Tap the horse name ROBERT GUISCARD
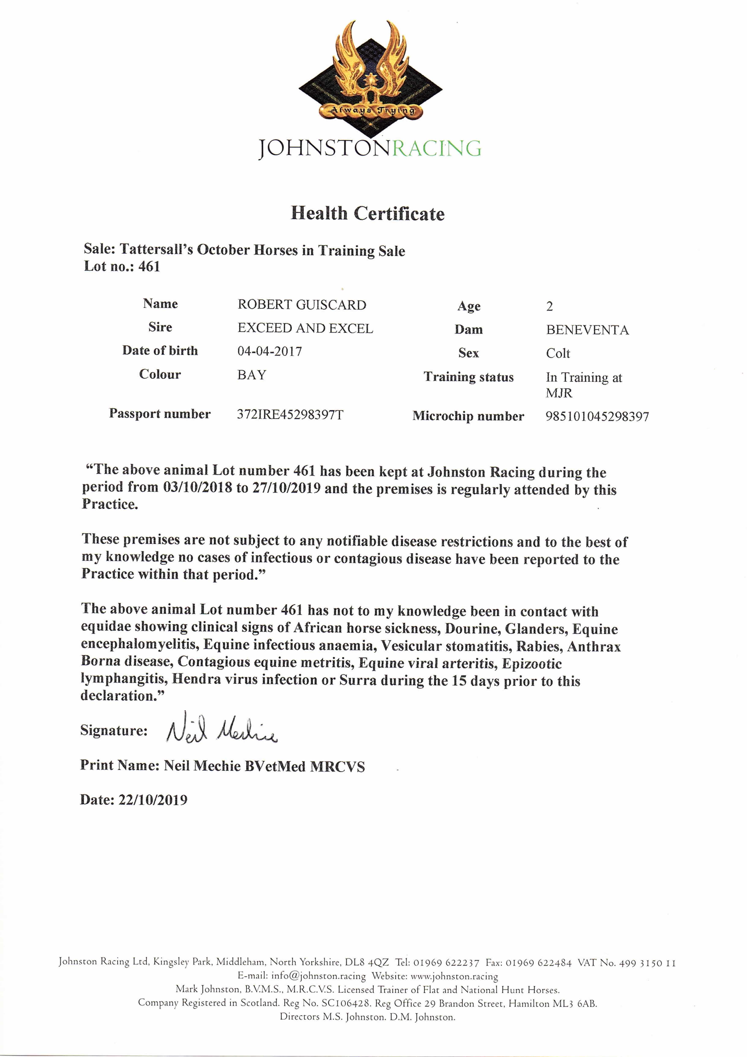point(302,305)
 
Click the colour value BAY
point(252,375)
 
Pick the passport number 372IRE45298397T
point(290,414)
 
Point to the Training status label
point(468,377)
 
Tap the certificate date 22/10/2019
point(153,800)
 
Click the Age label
point(468,306)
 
